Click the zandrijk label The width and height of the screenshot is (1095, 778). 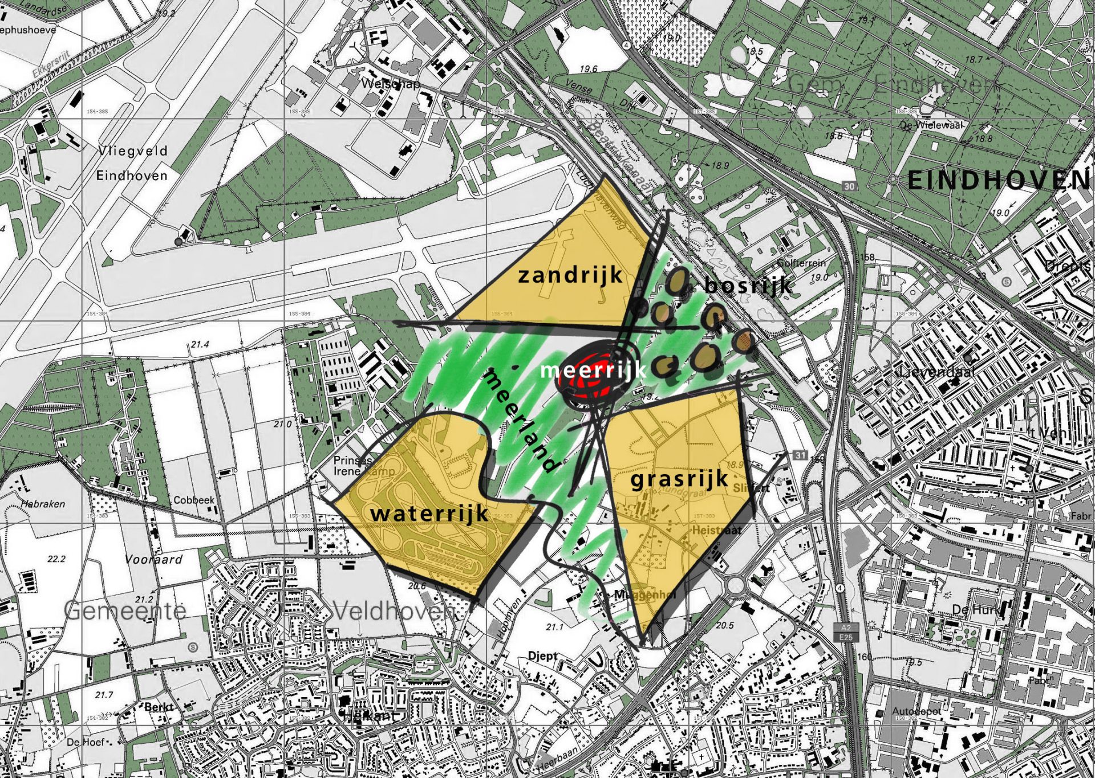(570, 275)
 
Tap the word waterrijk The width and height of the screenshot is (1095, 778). (429, 513)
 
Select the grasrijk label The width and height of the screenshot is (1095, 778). (679, 479)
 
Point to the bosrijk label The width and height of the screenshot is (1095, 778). (748, 284)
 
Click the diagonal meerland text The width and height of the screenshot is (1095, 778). (520, 421)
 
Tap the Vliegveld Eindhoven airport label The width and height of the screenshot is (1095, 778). (132, 163)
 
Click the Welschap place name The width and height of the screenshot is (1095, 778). (391, 84)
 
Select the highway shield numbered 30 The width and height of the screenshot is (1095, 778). (850, 186)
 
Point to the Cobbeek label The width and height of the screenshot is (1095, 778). (194, 500)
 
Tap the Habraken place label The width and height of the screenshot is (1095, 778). (43, 504)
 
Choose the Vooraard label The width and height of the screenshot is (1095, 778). (153, 559)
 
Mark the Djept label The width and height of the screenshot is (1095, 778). (542, 656)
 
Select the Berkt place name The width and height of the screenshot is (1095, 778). (159, 707)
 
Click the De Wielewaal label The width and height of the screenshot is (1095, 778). (931, 125)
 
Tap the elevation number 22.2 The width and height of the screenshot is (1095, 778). (56, 559)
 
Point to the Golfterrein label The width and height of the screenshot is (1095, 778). (801, 263)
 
